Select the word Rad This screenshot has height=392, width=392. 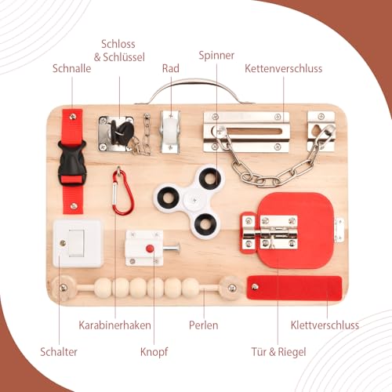pyautogui.click(x=170, y=68)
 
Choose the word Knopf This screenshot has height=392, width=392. pyautogui.click(x=154, y=351)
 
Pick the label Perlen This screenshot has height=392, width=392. pyautogui.click(x=203, y=325)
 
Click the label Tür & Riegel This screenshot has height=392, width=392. pyautogui.click(x=278, y=351)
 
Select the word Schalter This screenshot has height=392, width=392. pyautogui.click(x=59, y=351)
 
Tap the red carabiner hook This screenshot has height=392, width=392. pyautogui.click(x=122, y=192)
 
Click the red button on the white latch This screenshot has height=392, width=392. pyautogui.click(x=149, y=249)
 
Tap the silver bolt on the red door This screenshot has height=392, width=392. pyautogui.click(x=277, y=234)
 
